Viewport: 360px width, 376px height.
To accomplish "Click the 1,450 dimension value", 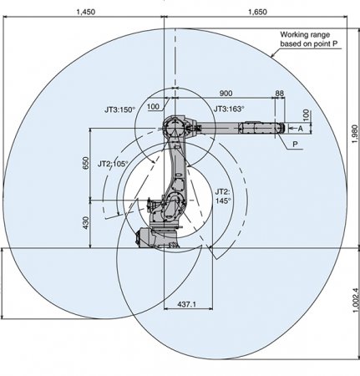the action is pos(85,12).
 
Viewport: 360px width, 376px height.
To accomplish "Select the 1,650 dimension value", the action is pos(257,12).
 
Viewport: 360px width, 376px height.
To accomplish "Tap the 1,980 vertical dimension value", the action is pos(354,134).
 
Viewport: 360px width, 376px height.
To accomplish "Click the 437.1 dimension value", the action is pos(186,304).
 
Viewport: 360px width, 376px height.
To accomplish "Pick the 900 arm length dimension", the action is pos(226,94).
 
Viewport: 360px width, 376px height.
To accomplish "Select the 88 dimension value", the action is pos(279,94).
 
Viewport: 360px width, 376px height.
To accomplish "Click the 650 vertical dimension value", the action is pos(86,163).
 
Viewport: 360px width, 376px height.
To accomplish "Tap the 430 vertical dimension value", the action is pos(86,223).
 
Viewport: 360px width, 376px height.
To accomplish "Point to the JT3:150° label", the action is pos(119,109).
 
